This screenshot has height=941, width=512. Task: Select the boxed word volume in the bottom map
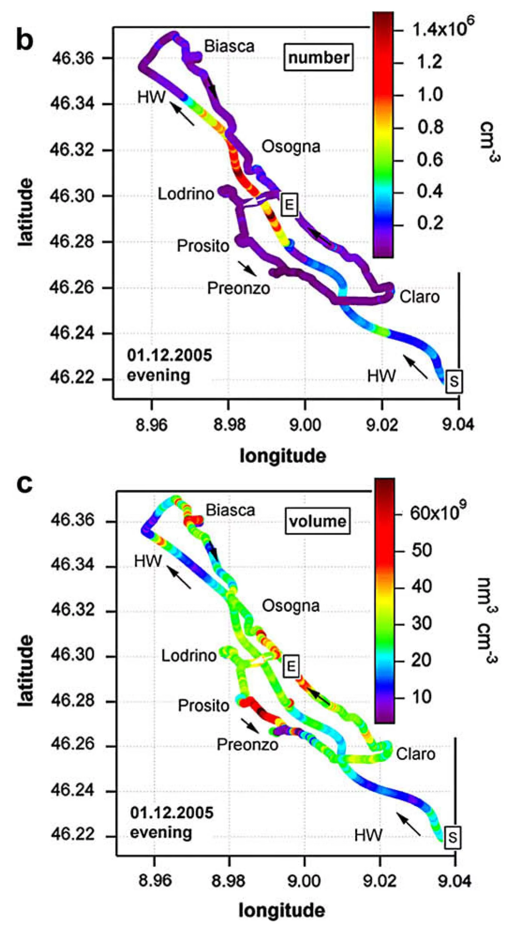[x=317, y=521]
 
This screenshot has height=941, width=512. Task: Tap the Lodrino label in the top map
[x=186, y=194]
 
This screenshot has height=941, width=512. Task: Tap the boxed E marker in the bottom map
[x=291, y=667]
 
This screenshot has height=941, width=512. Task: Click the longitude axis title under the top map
[x=283, y=456]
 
